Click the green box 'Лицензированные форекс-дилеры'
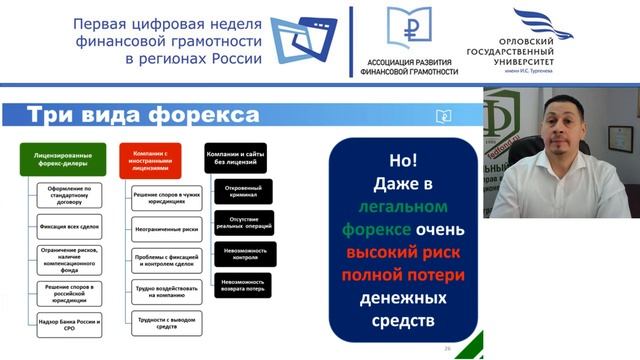63,160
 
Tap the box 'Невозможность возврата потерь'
244,286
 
